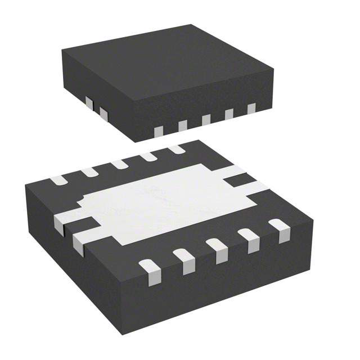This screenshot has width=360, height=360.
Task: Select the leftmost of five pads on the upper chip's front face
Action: (x=159, y=131)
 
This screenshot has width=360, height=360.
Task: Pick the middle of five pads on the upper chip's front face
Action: (x=206, y=120)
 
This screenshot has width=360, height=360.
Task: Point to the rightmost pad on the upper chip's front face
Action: (x=251, y=109)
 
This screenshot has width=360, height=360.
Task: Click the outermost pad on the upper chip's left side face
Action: (x=103, y=114)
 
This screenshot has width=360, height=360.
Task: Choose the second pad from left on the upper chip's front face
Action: (x=183, y=125)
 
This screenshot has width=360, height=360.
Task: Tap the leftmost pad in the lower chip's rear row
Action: (x=58, y=181)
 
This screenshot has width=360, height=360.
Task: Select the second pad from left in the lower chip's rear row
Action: (x=89, y=172)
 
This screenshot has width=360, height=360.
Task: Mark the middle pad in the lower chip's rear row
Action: (x=119, y=164)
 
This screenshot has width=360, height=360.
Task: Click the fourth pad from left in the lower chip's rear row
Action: (x=148, y=156)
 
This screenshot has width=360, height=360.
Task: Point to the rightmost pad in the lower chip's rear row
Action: (x=177, y=149)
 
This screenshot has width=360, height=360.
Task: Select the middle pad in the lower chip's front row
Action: (x=217, y=249)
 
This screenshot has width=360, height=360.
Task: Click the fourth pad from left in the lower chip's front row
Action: (x=249, y=238)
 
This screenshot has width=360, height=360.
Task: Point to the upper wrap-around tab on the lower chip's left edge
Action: (x=63, y=221)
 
